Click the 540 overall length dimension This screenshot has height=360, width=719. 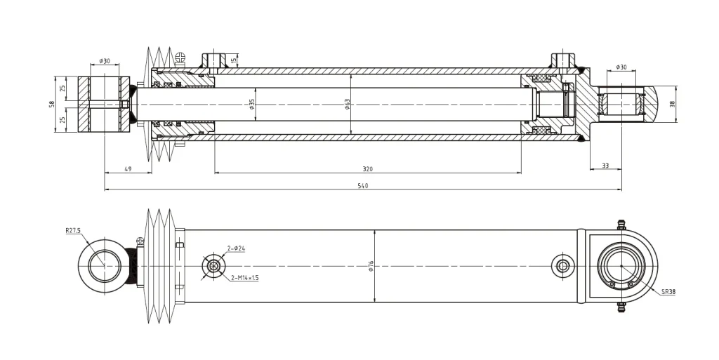pos(363,186)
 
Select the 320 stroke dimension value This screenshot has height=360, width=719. pos(368,169)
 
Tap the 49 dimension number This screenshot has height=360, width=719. pos(128,169)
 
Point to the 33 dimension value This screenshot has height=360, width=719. pos(605,166)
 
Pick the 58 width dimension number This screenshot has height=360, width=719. pos(51,105)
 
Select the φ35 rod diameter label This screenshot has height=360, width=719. pos(251,105)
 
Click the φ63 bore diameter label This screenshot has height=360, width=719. pos(347,105)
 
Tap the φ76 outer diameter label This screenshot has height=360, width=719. pos(371,266)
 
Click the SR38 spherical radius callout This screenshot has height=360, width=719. pos(667,291)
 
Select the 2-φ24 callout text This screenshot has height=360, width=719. pos(235,248)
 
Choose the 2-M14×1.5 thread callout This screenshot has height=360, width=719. pos(245,278)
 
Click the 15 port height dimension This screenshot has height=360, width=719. pos(232,61)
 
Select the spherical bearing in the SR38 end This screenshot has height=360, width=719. pos(622,266)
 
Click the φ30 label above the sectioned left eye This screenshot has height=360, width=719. pos(104,61)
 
